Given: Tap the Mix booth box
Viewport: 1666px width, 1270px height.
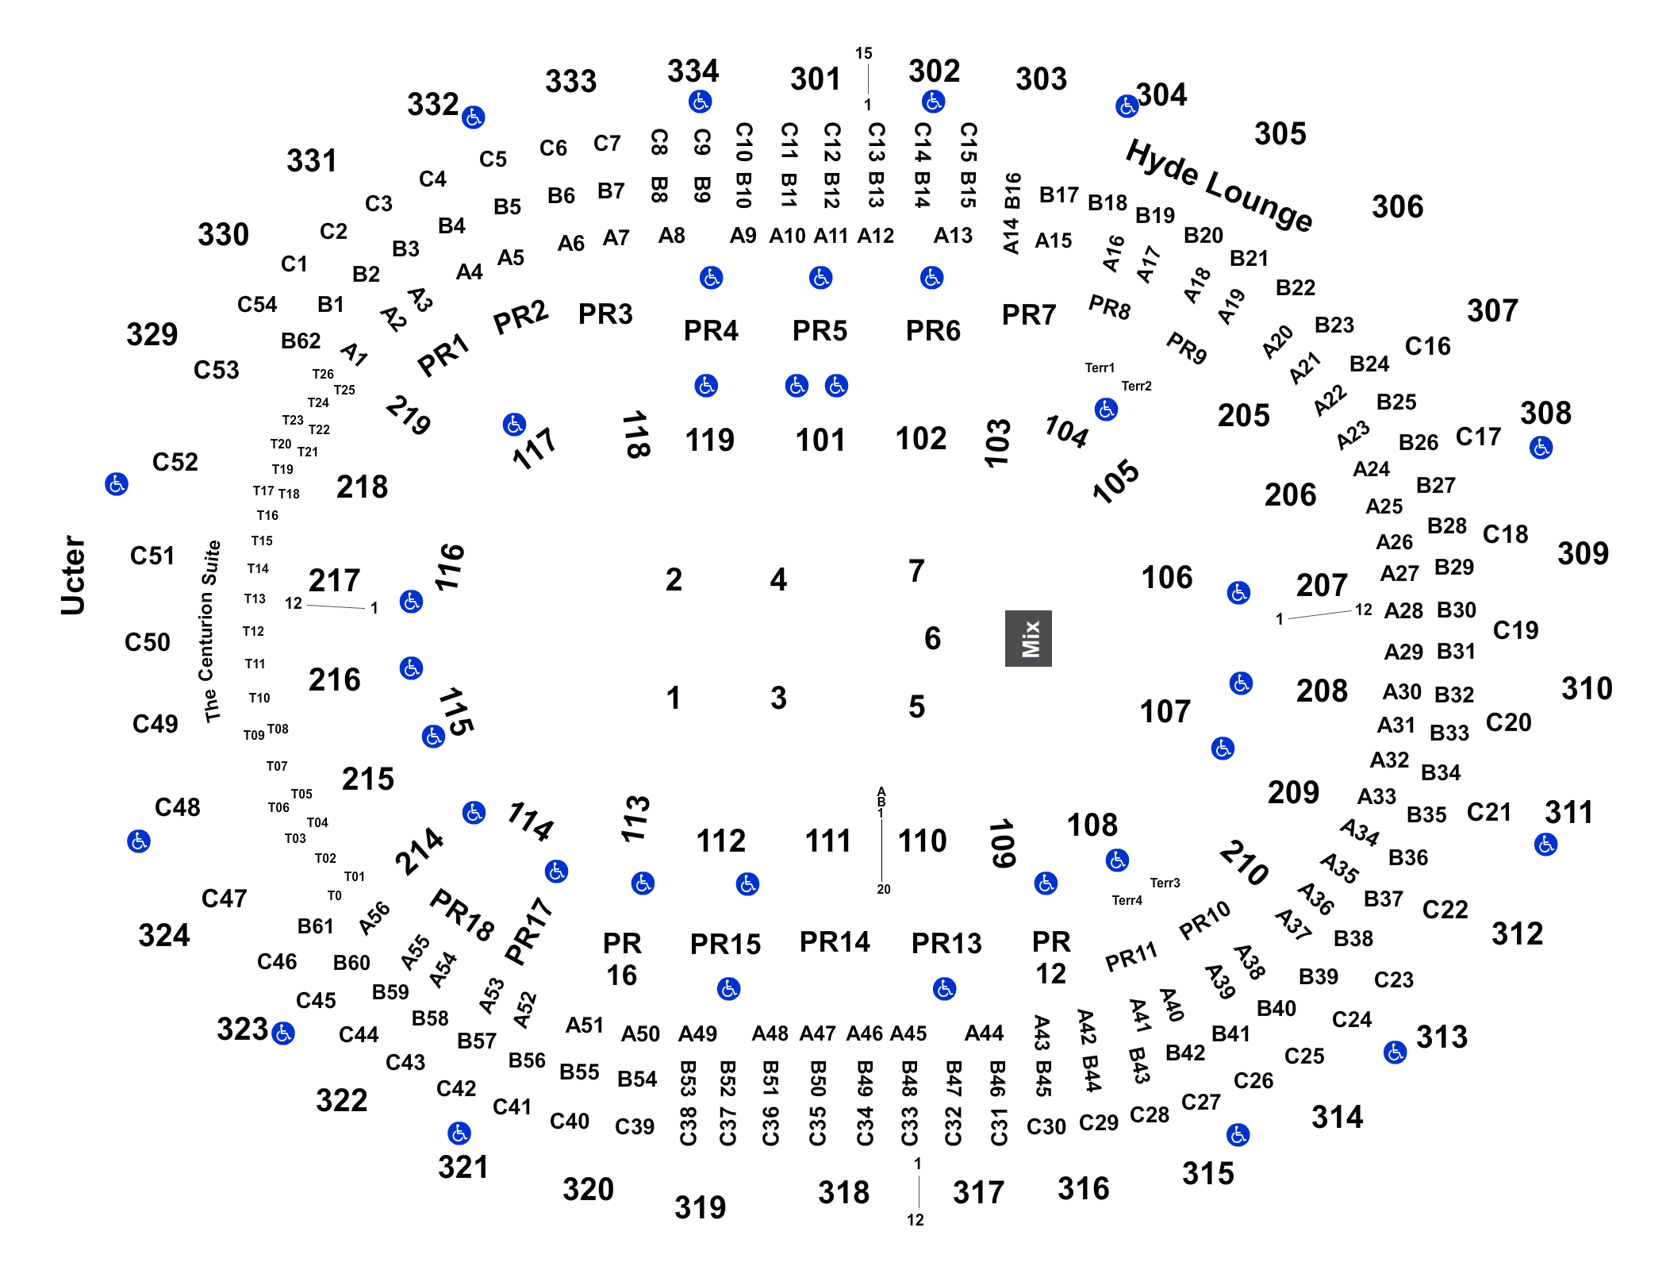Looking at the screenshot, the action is [x=1029, y=638].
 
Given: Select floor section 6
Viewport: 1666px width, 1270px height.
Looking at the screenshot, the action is [x=933, y=638].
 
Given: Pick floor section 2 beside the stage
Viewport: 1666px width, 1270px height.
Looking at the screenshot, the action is [x=674, y=579].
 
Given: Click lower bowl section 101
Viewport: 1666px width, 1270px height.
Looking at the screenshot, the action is [x=820, y=441].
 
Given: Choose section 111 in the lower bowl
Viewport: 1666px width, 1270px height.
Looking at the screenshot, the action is [x=827, y=840].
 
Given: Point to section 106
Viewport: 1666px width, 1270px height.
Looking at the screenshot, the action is [x=1166, y=577].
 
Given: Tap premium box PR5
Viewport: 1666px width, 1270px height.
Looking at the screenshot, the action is [x=820, y=329].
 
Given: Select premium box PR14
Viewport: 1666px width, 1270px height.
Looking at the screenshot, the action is [x=835, y=941].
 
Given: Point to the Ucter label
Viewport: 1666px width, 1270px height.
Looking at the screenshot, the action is [x=73, y=575].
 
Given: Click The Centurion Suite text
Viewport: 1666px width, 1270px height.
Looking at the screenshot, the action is [x=212, y=631].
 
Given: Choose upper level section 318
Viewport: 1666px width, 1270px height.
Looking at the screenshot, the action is [x=843, y=1192].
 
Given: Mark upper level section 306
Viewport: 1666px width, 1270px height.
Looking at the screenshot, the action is [x=1397, y=207].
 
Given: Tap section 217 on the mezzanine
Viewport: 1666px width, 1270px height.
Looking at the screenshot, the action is [x=334, y=580].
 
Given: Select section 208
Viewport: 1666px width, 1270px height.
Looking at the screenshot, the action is [x=1322, y=691].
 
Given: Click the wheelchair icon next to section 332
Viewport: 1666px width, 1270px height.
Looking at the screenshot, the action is [x=474, y=117].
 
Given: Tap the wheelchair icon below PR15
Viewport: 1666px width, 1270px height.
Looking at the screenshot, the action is [x=728, y=989].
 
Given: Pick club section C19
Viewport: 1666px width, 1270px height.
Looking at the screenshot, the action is [x=1515, y=630].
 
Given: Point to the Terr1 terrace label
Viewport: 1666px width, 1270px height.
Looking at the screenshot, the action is [x=1100, y=368].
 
